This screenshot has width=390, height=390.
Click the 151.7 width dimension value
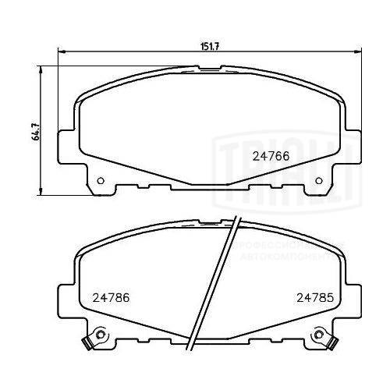tap(206, 46)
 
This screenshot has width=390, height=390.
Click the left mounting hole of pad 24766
tap(101, 183)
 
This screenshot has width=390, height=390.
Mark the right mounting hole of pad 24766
tap(319, 183)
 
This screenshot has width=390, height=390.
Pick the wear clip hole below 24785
tap(318, 337)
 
